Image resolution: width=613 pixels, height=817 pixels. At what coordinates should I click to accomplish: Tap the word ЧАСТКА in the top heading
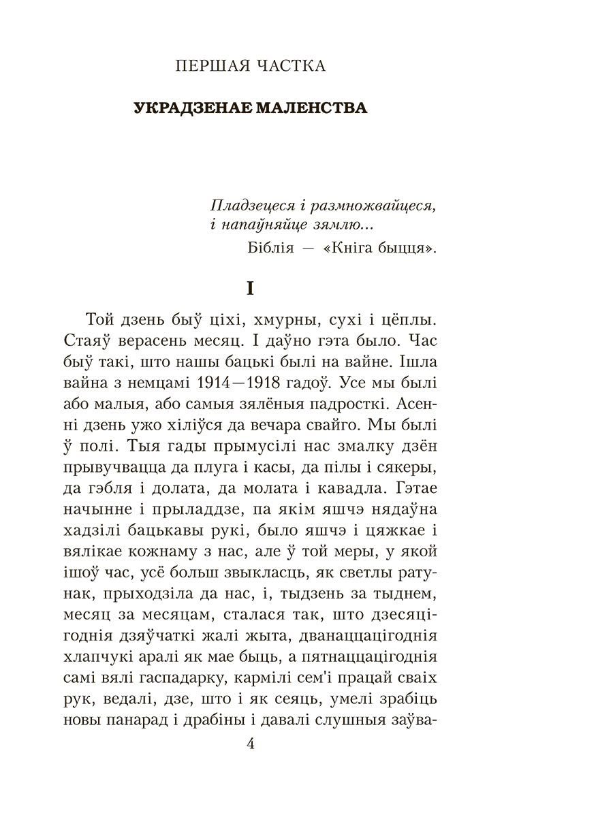click(287, 66)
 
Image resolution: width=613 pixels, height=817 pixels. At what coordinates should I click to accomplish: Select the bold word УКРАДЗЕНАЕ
click(191, 108)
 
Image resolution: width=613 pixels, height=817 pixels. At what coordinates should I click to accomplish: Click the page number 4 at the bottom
click(249, 744)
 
